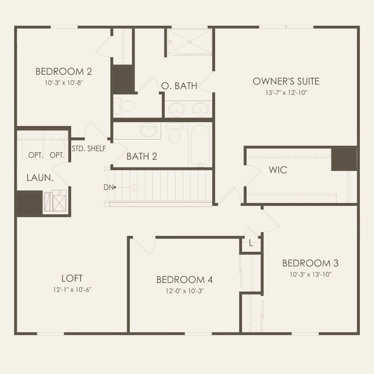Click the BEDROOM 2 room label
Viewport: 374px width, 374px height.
(x=64, y=71)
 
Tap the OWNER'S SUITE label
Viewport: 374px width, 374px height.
(x=286, y=81)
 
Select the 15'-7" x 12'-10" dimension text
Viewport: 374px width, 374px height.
(x=286, y=93)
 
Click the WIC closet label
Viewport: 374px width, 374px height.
(x=278, y=170)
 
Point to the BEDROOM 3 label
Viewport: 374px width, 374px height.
(x=310, y=263)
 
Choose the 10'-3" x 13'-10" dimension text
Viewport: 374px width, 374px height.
(x=310, y=274)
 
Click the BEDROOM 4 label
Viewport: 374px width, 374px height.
(x=184, y=280)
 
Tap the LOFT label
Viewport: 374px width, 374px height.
(x=72, y=278)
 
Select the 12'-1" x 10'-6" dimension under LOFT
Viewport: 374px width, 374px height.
(x=72, y=290)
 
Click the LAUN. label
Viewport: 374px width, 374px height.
(x=40, y=178)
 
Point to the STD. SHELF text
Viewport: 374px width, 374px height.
(x=89, y=148)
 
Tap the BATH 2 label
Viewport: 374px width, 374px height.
(x=142, y=156)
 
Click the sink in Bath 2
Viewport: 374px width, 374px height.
(x=149, y=131)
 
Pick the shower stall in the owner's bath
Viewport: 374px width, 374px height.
(x=189, y=42)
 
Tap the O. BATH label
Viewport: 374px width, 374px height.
(x=179, y=86)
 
